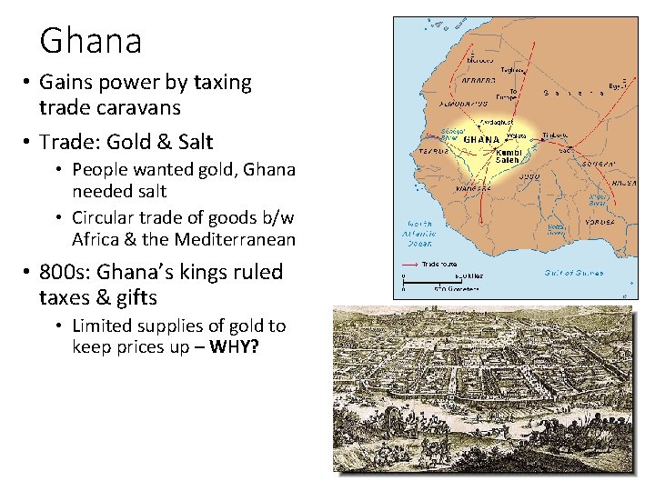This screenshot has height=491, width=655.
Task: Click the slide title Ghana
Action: pos(91,41)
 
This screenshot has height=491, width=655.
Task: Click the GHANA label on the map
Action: pos(481,140)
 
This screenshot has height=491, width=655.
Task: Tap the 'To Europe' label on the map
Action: pos(515,95)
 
